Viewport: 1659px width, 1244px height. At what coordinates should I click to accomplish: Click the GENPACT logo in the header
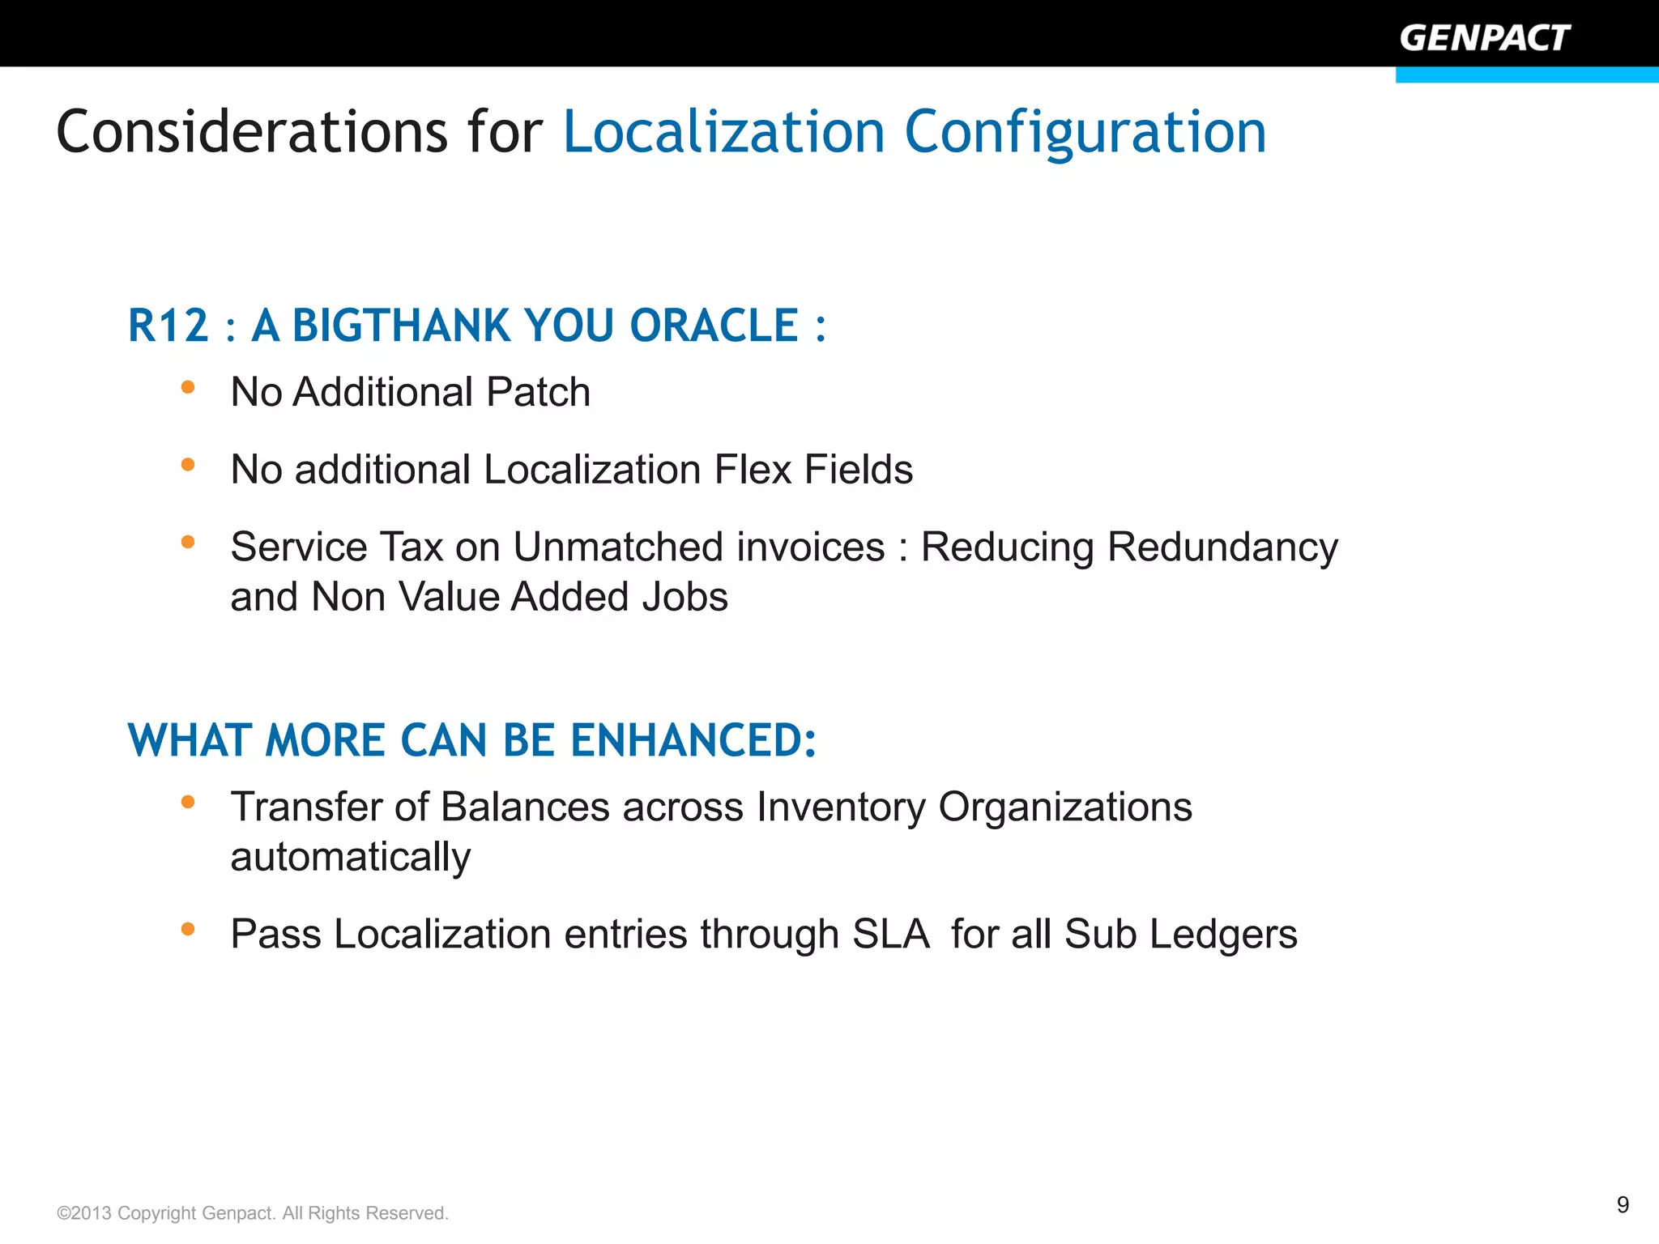[x=1484, y=38]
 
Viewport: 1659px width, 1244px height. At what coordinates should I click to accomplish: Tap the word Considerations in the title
[x=251, y=132]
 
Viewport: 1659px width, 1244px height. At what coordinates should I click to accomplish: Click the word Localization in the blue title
[x=723, y=132]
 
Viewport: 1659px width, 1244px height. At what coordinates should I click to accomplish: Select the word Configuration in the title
[x=1085, y=132]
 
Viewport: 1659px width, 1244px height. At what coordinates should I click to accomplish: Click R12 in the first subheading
[x=168, y=326]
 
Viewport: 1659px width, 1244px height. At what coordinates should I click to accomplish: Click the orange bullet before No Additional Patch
[x=188, y=387]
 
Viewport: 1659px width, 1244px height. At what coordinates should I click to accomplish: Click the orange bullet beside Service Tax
[x=188, y=542]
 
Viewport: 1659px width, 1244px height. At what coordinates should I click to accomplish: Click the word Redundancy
[x=1222, y=547]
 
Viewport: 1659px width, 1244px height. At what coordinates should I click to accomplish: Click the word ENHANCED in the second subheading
[x=693, y=740]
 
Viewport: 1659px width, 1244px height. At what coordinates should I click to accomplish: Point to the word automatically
[x=350, y=858]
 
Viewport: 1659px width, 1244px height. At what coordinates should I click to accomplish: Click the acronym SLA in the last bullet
[x=890, y=935]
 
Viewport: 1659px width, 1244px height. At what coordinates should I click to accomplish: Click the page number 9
[x=1623, y=1205]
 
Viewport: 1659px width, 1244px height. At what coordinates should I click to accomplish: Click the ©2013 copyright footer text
[x=252, y=1213]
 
